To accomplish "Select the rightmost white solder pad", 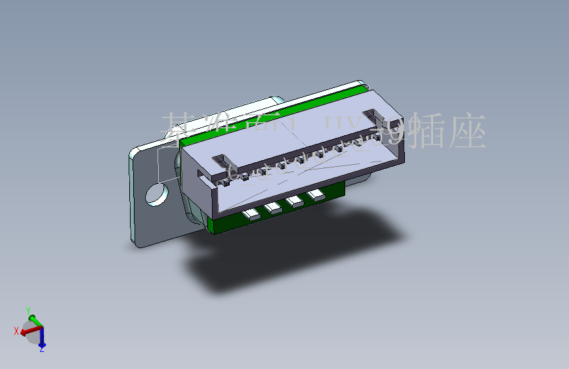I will coord(316,194).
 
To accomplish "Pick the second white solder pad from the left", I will coord(272,208).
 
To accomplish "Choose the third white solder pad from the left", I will coord(295,202).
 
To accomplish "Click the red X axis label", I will coord(16,331).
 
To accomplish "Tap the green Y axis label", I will coord(28,309).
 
